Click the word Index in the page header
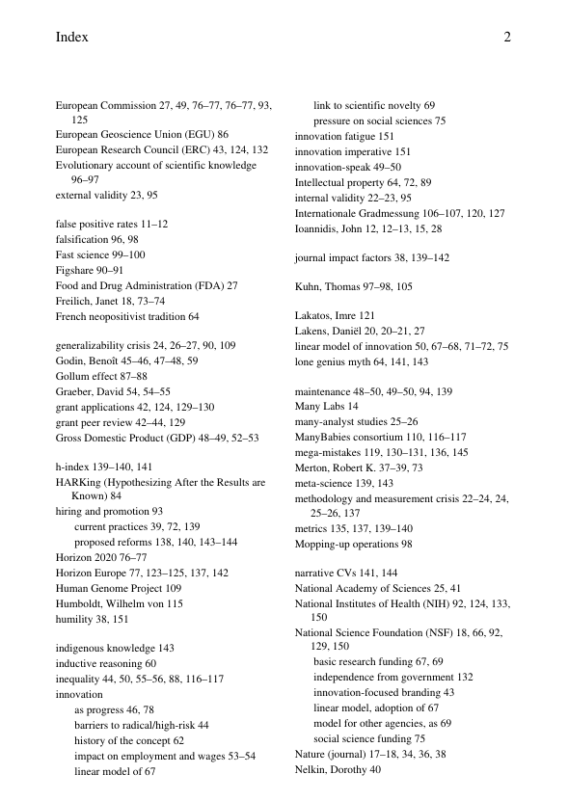click(x=72, y=38)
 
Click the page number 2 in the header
click(x=506, y=38)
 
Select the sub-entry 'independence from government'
click(x=384, y=678)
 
